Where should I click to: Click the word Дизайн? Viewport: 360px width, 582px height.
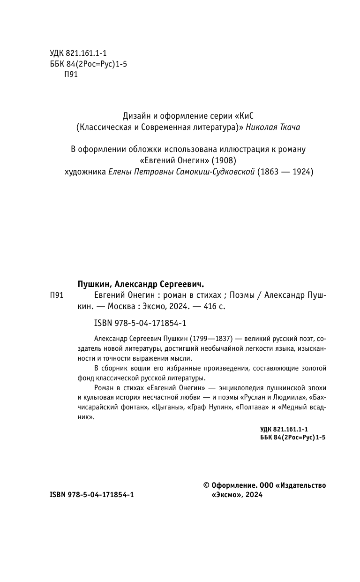[x=135, y=115]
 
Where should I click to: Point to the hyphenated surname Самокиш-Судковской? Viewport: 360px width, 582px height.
[x=208, y=172]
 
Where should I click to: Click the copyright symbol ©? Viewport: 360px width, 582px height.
[x=201, y=485]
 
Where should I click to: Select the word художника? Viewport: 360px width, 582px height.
[x=85, y=172]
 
